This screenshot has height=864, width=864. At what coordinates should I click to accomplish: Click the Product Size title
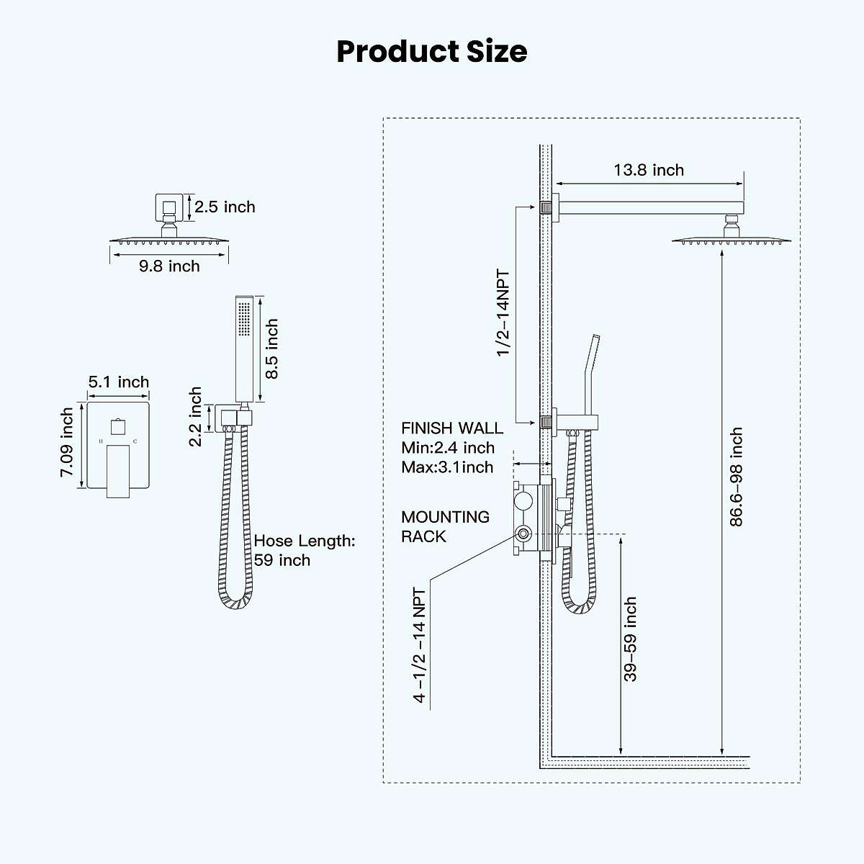pos(431,52)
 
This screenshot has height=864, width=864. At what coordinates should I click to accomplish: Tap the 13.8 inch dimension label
pos(649,171)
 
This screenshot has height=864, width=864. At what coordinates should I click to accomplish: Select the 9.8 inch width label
pos(169,266)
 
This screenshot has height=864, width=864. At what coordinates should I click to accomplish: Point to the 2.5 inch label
pos(225,207)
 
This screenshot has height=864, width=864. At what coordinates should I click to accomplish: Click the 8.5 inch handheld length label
pos(271,349)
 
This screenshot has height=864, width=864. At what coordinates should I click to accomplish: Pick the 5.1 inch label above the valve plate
pos(119,382)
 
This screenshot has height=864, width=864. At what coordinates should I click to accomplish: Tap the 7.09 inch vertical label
pos(67,443)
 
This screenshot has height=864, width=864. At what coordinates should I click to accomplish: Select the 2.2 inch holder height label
pos(196,417)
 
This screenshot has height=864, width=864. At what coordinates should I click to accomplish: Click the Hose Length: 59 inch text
pos(304,551)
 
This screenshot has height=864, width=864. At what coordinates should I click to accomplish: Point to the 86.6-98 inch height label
pos(736,477)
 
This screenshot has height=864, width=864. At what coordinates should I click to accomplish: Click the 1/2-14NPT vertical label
pos(503,312)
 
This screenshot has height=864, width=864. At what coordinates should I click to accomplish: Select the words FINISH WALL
pos(452,428)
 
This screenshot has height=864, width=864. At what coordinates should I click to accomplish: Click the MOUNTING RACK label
pos(445,526)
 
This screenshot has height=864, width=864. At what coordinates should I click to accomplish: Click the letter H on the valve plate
pos(102,440)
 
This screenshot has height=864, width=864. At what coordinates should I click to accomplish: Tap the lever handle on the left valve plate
pos(119,470)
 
